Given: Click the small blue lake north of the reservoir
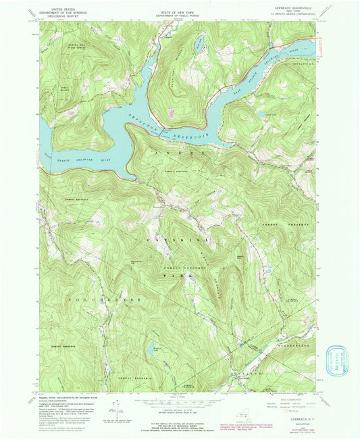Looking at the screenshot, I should tap(199, 44).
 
